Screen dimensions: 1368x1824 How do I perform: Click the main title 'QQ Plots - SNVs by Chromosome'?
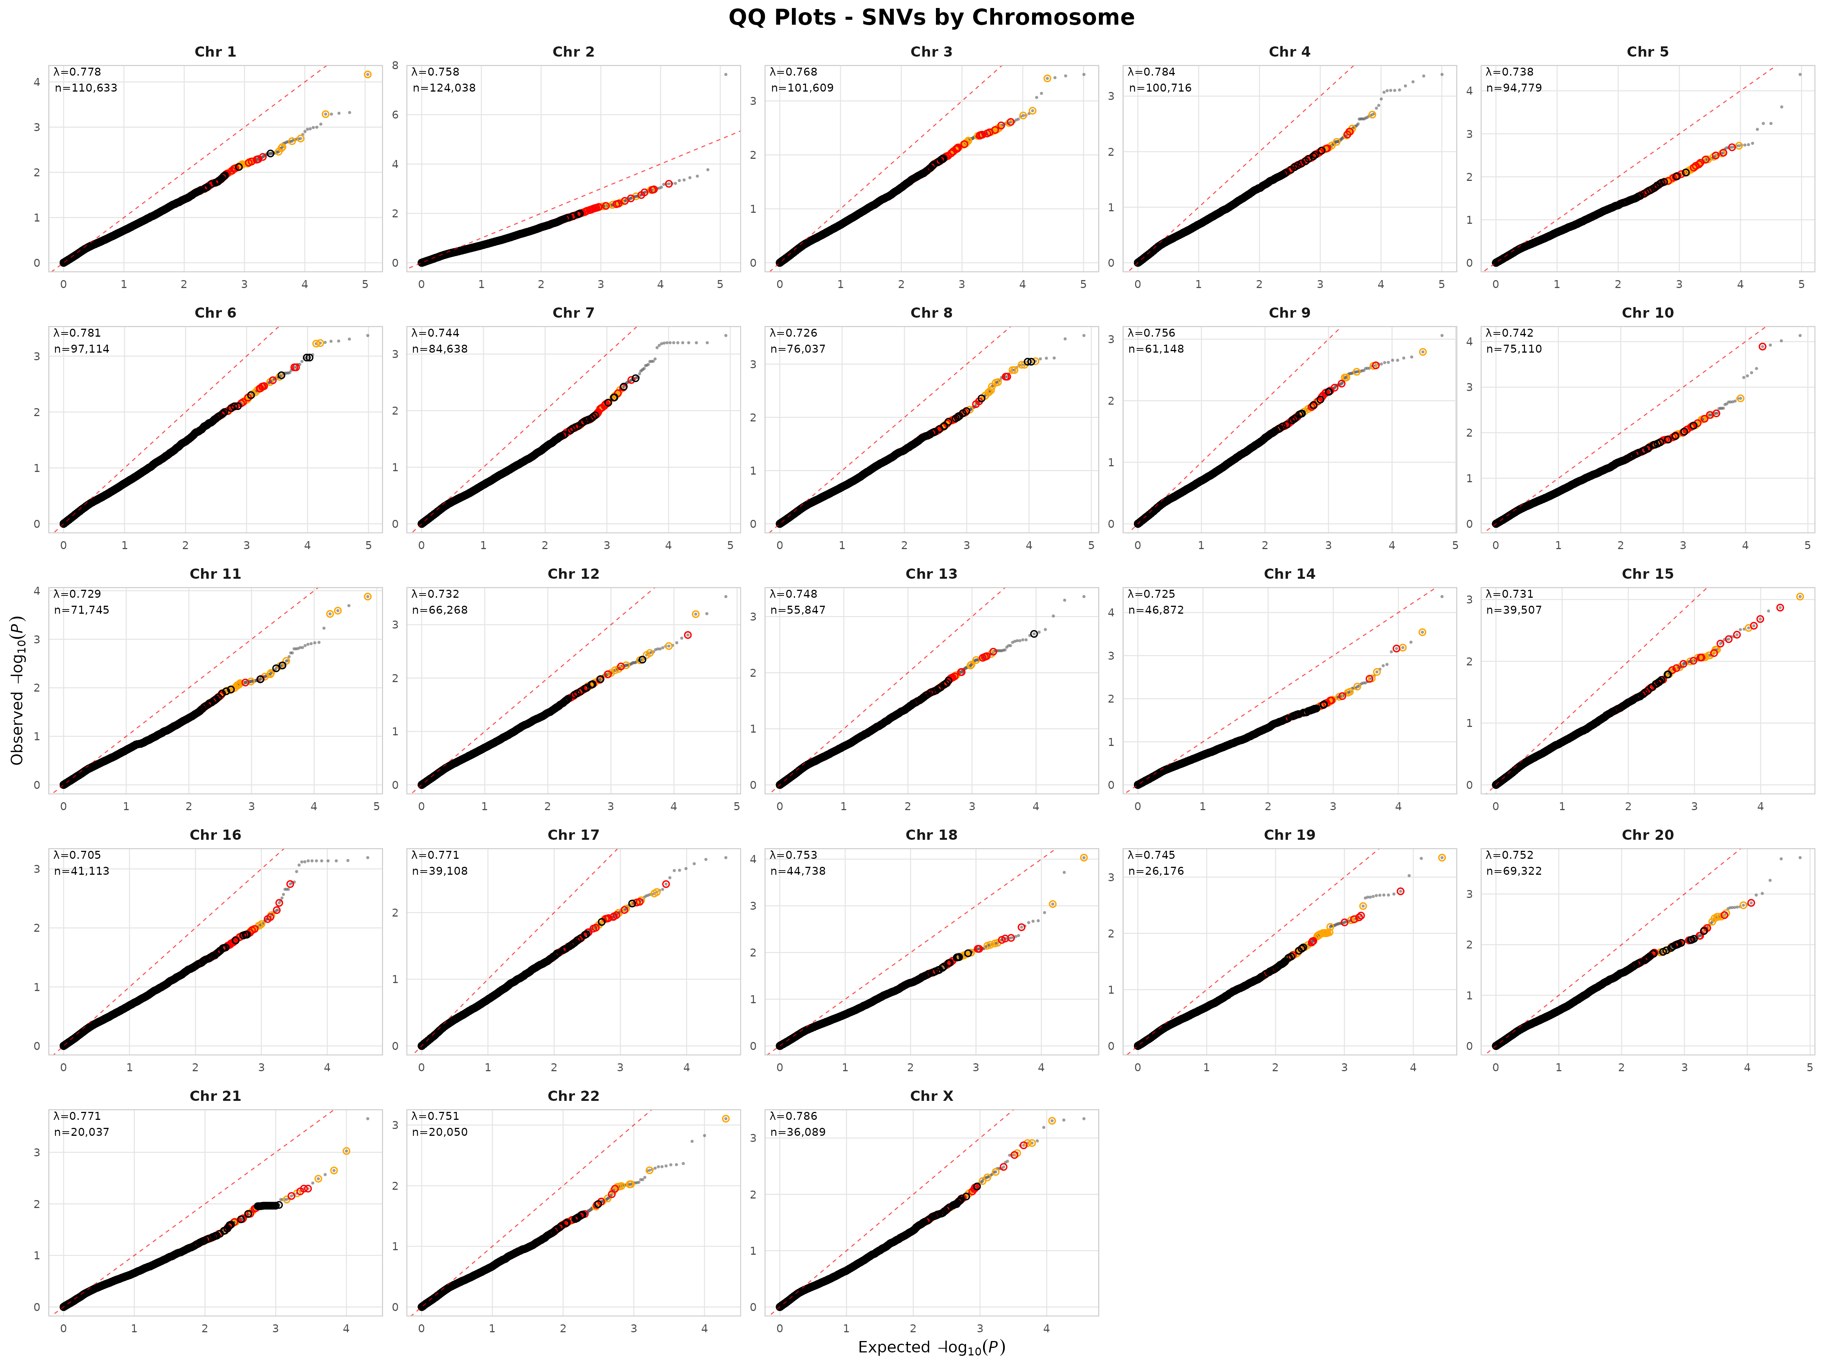pos(931,17)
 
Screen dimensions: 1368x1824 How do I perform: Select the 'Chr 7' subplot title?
pos(573,312)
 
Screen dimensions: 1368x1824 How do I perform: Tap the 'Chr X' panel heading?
pos(931,1096)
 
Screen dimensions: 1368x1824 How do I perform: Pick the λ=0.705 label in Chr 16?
pos(78,855)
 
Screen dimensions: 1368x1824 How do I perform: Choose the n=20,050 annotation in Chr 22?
pos(440,1132)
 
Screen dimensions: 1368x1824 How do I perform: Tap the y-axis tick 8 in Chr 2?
pos(396,66)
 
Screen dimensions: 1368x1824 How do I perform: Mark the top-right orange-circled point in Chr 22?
pos(726,1119)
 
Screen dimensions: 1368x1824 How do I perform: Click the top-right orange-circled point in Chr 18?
pos(1083,858)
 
